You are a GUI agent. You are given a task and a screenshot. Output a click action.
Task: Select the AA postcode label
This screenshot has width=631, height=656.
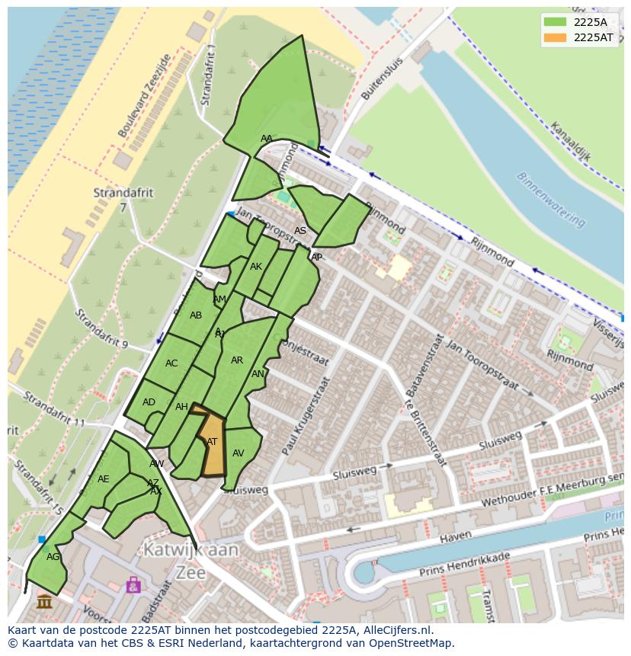(x=266, y=139)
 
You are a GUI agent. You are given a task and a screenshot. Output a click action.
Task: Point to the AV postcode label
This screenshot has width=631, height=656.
(x=238, y=453)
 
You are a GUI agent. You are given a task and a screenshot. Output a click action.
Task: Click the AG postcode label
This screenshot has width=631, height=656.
(x=53, y=557)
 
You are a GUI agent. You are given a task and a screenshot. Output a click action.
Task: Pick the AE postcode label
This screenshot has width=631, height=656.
(x=104, y=479)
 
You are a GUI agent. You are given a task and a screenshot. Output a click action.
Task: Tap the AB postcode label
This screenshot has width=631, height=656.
(x=196, y=315)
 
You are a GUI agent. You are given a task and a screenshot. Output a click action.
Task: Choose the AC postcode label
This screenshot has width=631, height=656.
(x=171, y=363)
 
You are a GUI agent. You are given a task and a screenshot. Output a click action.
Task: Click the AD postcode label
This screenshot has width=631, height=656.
(x=149, y=402)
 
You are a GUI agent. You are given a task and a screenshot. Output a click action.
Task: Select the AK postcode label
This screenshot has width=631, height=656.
(x=256, y=267)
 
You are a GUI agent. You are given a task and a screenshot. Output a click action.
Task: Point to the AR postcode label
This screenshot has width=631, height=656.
(x=237, y=360)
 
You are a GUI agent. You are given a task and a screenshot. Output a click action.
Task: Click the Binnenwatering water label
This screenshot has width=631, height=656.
(x=551, y=199)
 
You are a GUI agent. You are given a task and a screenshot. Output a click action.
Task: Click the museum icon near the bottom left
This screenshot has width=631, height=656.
(x=44, y=602)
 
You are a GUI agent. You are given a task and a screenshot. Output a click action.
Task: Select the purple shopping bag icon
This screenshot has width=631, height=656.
(x=133, y=584)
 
